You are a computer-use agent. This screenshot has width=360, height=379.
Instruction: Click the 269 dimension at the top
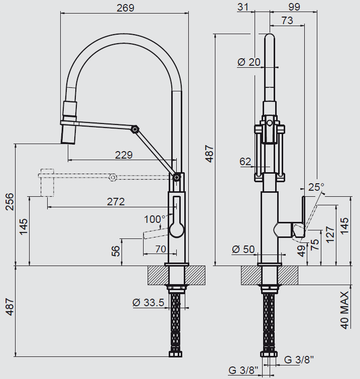pos(125,8)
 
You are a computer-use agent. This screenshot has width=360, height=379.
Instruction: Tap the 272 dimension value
pos(115,202)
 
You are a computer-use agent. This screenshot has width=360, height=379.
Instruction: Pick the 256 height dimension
pos(7,204)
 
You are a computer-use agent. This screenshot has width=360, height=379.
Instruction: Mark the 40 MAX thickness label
pos(344,310)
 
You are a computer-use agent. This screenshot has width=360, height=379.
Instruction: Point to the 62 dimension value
pos(245,162)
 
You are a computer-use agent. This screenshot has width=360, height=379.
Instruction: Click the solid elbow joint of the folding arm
pos(136,128)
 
